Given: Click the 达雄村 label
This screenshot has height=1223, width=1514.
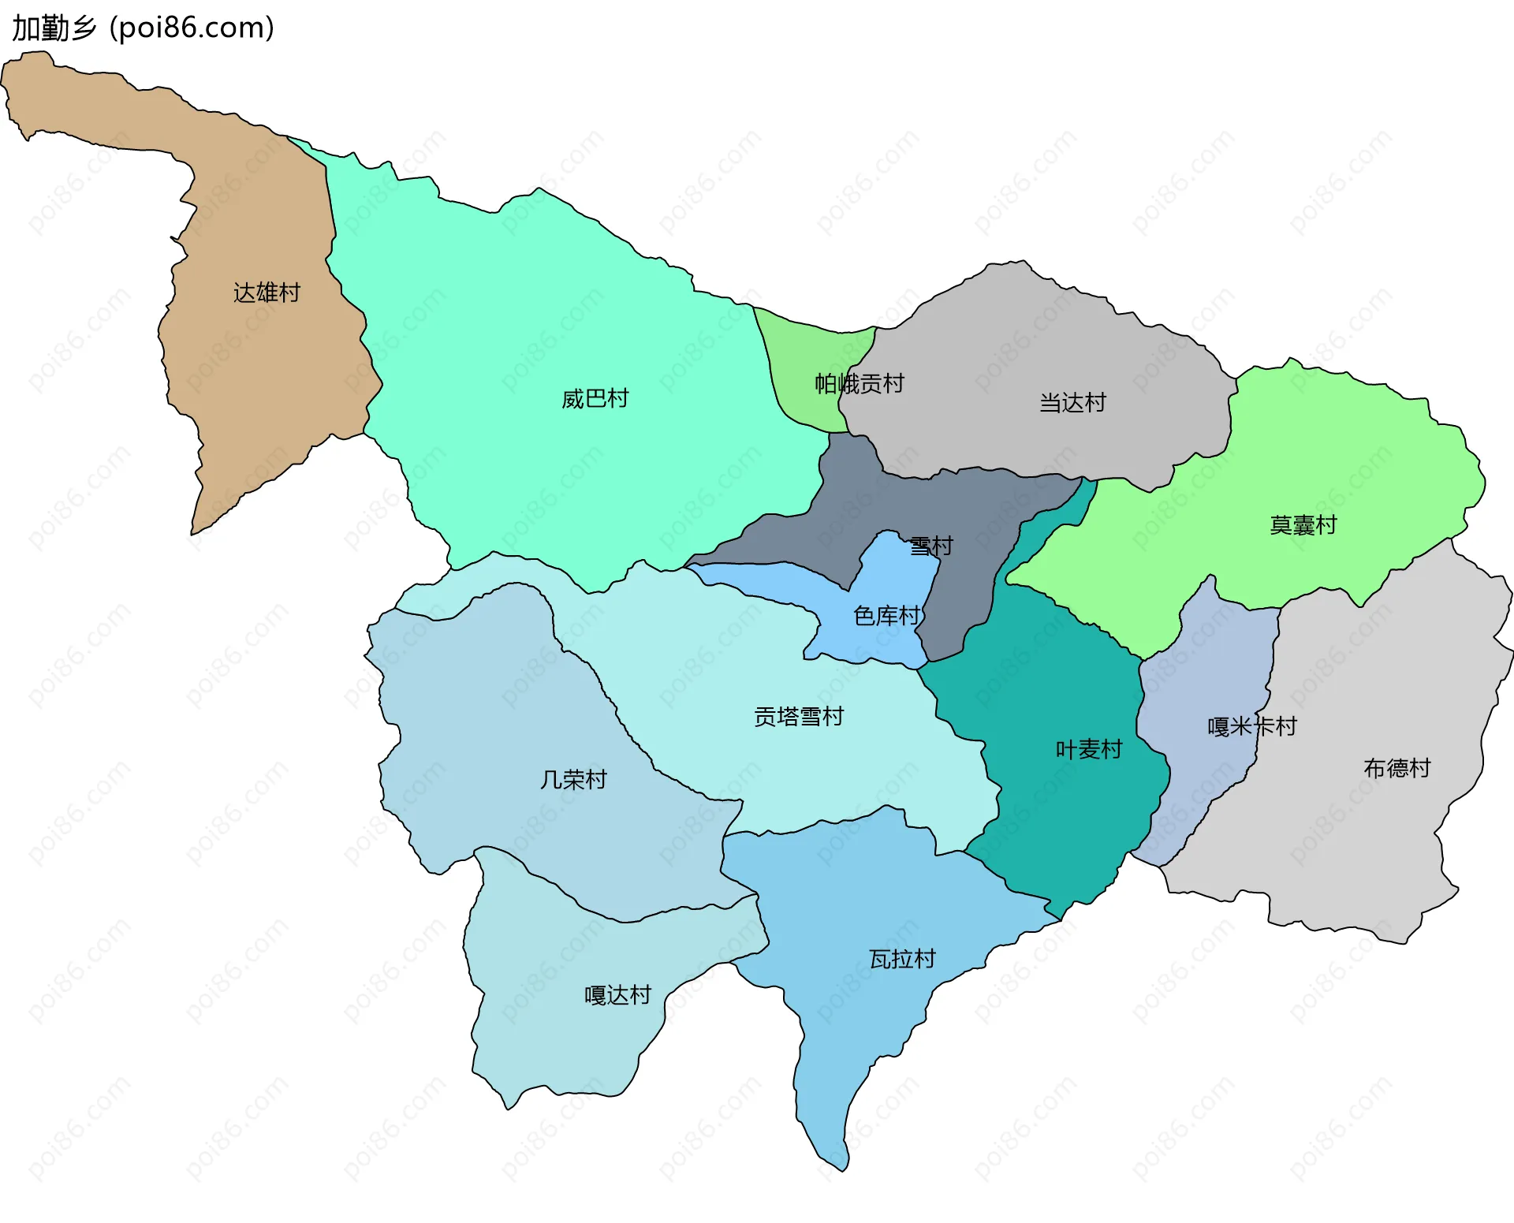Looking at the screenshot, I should (267, 293).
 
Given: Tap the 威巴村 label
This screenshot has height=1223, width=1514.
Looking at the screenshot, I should (595, 398).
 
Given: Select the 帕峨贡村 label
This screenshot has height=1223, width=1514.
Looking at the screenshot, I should (859, 384).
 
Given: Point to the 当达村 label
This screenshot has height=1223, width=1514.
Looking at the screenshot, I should (1072, 403).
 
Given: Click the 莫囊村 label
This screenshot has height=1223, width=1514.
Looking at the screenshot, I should (1303, 524).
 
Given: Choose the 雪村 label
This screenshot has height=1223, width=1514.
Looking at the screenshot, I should (931, 546).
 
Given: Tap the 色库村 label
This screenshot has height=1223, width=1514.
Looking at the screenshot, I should (887, 616).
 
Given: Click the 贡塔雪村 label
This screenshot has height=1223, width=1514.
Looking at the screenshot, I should (799, 716).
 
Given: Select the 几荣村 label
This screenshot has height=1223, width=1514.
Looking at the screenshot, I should (573, 780).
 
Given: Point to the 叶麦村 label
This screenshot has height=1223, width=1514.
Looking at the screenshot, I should (1088, 749).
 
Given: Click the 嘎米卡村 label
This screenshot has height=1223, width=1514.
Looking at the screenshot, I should (1251, 726).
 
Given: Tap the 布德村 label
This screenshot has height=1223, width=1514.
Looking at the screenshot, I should (1397, 768).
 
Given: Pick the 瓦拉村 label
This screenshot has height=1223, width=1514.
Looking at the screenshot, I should (902, 959).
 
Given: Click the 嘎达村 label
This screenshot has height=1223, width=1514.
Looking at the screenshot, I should (617, 995).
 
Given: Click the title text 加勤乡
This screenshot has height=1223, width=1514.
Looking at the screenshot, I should (54, 28).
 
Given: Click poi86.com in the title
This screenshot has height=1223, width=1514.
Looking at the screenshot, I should (192, 28).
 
